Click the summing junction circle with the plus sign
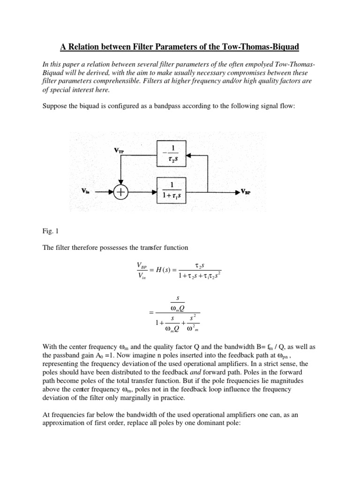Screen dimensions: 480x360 (121, 192)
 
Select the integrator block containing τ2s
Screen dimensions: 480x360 (171, 155)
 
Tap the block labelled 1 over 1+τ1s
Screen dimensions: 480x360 (171, 192)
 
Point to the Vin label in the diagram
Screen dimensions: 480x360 (87, 192)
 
